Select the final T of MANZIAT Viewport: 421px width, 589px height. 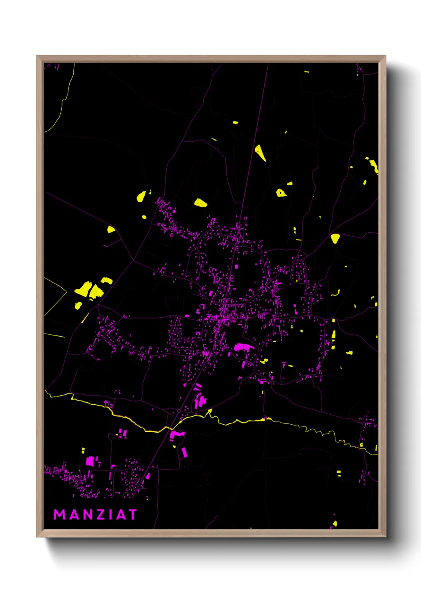tap(132, 515)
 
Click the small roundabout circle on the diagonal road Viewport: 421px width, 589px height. tap(179, 410)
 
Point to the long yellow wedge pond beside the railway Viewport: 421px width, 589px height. tap(260, 153)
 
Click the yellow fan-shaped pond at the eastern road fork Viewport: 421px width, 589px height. tap(335, 238)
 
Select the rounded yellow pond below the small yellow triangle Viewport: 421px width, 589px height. tap(281, 193)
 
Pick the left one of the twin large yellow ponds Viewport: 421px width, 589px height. tap(84, 289)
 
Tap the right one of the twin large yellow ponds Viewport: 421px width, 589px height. tap(96, 292)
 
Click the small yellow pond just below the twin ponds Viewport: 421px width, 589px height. tap(78, 306)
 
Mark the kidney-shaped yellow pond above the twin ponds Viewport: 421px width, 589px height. tap(106, 280)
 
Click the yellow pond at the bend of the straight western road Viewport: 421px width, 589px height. tap(111, 229)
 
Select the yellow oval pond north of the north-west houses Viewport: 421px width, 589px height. tap(200, 203)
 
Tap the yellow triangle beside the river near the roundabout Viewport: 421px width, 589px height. tap(210, 412)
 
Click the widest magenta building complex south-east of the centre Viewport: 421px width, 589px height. tap(244, 347)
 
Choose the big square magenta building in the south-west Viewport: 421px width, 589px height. tap(90, 461)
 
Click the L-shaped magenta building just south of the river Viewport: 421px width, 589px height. tap(176, 434)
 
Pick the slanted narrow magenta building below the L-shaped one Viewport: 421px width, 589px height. tap(184, 452)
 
